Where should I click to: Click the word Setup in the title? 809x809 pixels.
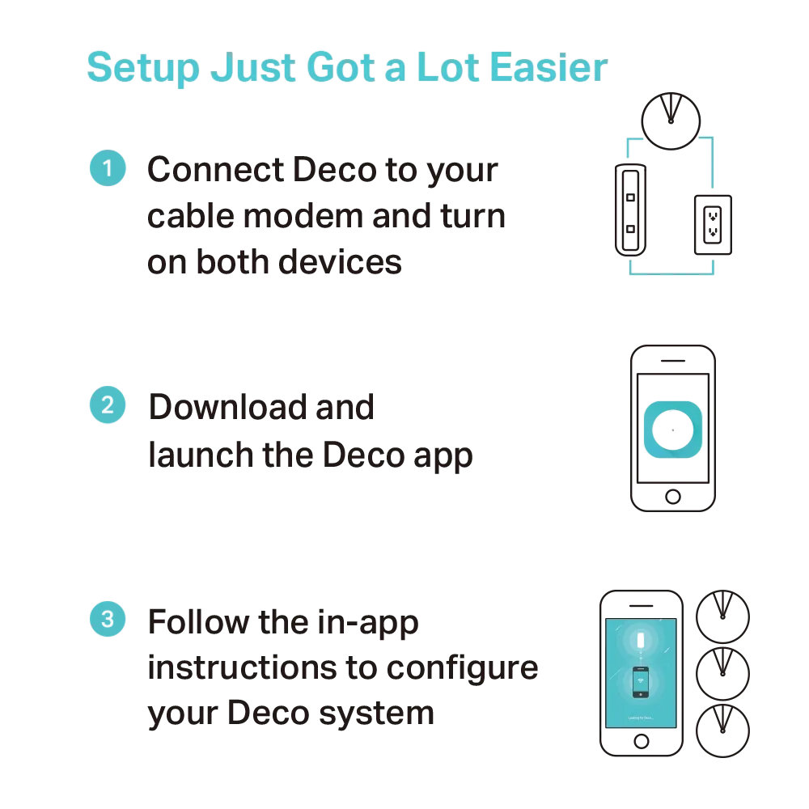click(x=143, y=68)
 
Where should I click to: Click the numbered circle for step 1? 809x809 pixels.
click(x=108, y=167)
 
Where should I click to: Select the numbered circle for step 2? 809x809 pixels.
click(x=108, y=404)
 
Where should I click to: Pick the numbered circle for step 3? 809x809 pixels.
click(x=108, y=619)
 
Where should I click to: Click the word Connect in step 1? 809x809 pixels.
click(x=216, y=169)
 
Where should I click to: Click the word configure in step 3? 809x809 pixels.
click(x=462, y=669)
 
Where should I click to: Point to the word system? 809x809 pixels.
click(x=377, y=714)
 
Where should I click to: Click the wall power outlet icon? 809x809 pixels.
click(x=713, y=225)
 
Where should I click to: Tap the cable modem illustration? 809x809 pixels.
click(x=630, y=210)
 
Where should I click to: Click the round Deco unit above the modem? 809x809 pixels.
click(x=671, y=121)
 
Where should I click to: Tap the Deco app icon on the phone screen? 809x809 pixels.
click(x=673, y=430)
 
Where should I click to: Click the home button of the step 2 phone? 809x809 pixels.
click(x=673, y=497)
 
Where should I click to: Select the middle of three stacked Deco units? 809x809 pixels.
click(x=722, y=674)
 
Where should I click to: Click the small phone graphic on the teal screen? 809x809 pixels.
click(x=641, y=682)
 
